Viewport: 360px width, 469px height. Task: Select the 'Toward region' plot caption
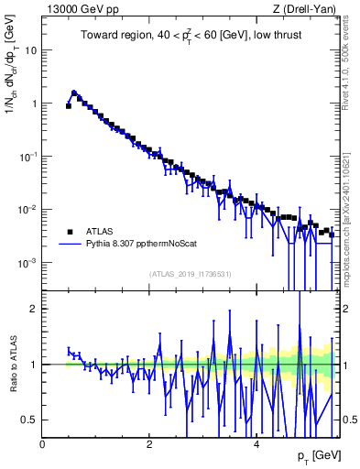coord(191,37)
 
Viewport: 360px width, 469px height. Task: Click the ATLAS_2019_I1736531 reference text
coord(190,275)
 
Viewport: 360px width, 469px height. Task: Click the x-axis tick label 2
coord(149,444)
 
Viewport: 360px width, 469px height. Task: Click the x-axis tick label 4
coord(256,444)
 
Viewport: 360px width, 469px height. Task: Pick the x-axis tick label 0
coord(43,444)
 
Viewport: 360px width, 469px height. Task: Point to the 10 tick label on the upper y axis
coord(30,50)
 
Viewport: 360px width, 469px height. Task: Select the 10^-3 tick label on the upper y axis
coord(27,262)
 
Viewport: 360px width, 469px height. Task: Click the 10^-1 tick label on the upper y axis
coord(27,157)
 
